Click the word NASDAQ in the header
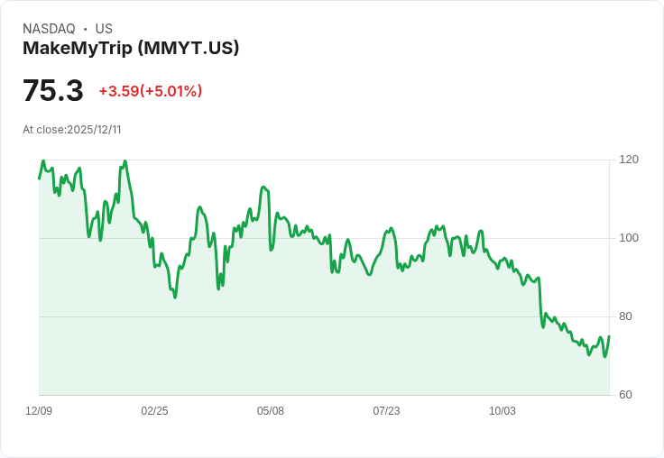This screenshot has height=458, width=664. point(49,29)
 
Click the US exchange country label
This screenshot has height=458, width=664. point(104,29)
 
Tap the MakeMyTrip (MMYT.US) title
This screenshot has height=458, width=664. point(131,48)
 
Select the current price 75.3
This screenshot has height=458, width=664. point(53,91)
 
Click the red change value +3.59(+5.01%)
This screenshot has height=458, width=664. point(151,91)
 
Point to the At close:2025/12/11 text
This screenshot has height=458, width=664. point(72,130)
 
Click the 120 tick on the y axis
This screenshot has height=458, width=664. point(629,160)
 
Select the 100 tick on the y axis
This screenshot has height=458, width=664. point(629,238)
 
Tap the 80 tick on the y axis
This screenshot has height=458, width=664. point(625,316)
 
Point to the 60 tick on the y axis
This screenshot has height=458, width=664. point(625,395)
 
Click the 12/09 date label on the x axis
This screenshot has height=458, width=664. point(39,411)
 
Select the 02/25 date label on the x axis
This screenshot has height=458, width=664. point(154,411)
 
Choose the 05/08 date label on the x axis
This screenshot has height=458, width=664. point(271,411)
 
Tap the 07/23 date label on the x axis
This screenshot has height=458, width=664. point(386,411)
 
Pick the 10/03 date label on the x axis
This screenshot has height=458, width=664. point(503,411)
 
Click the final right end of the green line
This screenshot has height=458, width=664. point(609,336)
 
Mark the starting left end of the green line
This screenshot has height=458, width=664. point(39,179)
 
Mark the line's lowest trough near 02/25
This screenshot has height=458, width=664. point(175,297)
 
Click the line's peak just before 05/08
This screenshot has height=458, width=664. point(263,188)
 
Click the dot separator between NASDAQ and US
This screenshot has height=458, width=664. point(85,29)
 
